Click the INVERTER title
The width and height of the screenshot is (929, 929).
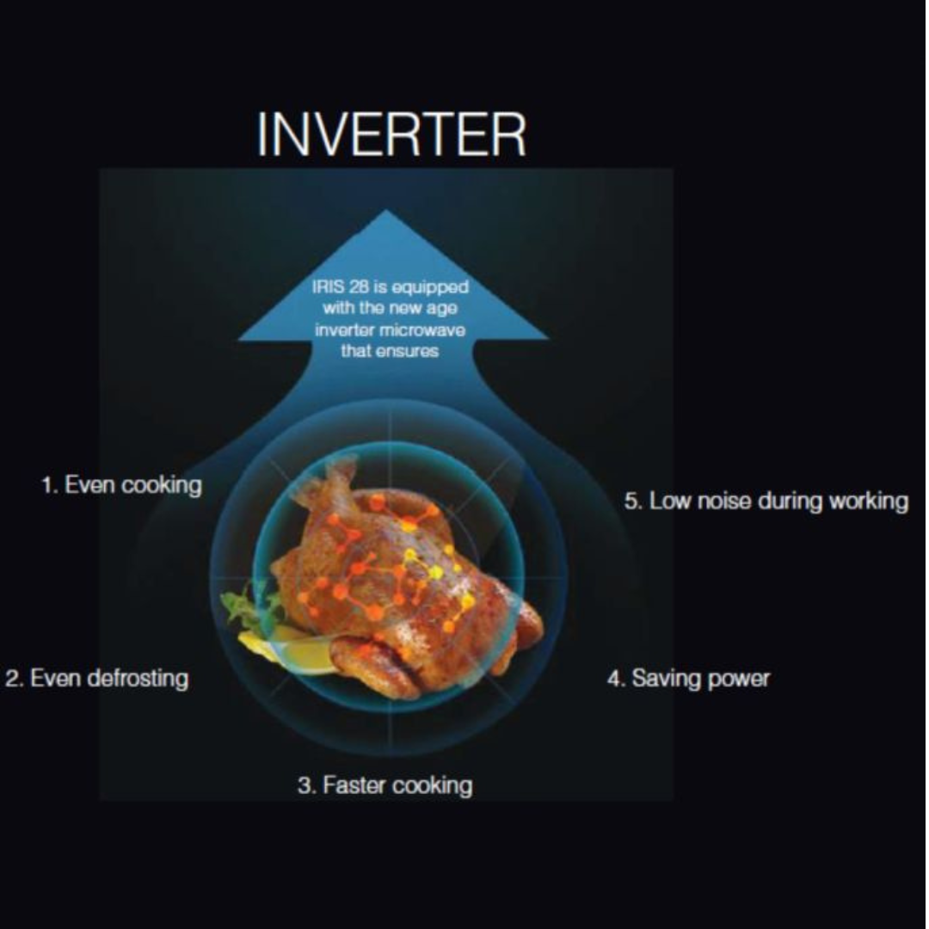[391, 134]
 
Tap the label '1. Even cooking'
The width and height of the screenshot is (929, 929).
[121, 485]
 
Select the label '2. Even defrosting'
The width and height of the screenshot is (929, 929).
[96, 679]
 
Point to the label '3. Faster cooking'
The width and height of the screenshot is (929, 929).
[385, 785]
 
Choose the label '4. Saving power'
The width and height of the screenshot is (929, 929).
[688, 679]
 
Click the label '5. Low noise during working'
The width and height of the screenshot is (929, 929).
[766, 501]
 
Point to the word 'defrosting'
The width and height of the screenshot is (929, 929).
[138, 679]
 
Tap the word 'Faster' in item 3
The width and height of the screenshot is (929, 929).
[354, 785]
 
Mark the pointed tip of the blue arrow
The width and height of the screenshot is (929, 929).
[386, 210]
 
